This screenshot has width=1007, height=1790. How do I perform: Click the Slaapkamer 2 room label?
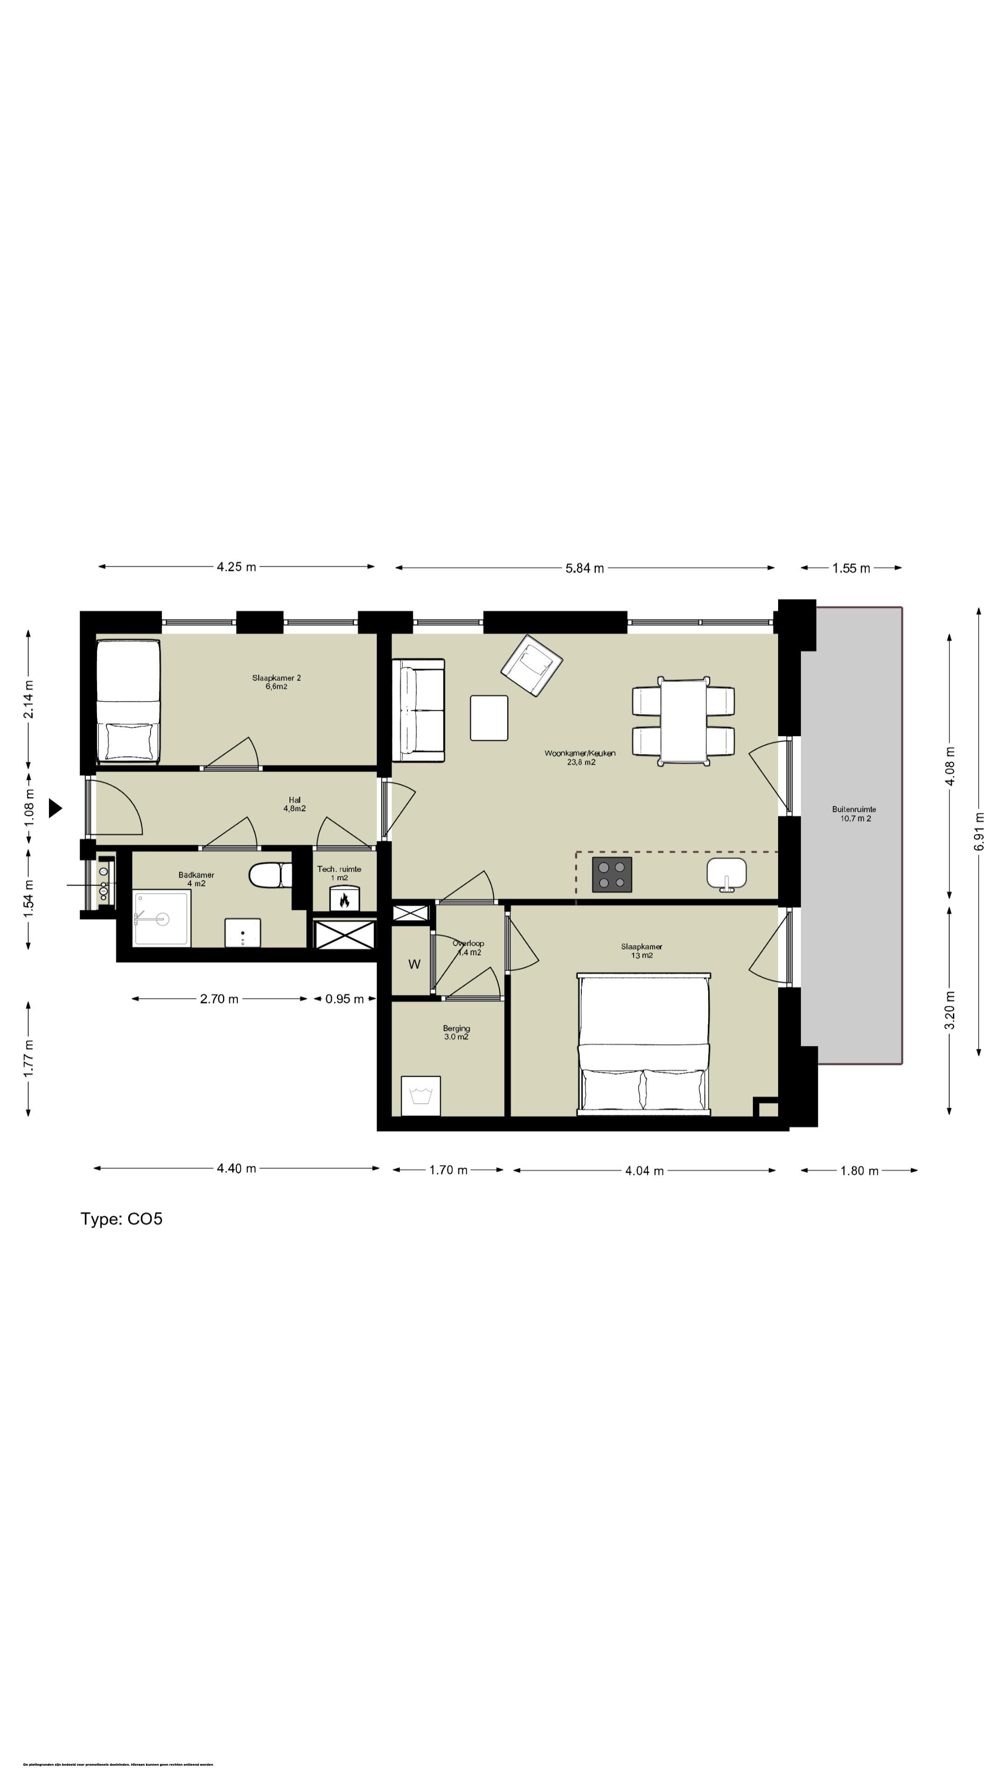[276, 682]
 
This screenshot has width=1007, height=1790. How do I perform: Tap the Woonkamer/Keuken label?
[579, 757]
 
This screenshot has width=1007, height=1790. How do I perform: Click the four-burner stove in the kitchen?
[612, 874]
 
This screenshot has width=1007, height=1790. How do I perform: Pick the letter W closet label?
[414, 964]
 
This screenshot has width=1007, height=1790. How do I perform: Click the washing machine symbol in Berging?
[421, 1096]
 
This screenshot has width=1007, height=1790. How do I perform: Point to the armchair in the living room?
[531, 665]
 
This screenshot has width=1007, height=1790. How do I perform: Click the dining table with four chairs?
[683, 721]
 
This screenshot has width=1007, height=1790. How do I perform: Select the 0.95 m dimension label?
[344, 998]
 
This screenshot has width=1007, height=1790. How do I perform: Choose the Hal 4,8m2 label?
[295, 804]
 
